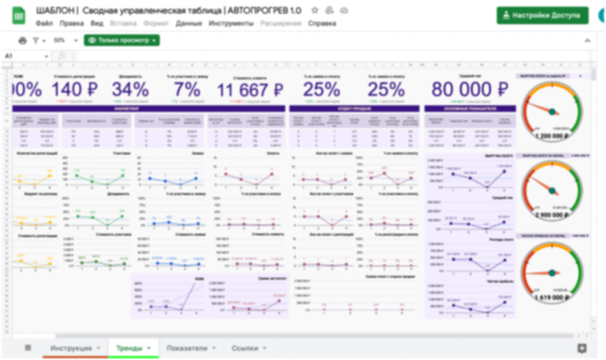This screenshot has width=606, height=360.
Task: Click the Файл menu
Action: tap(44, 24)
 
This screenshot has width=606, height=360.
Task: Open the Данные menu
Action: tap(189, 24)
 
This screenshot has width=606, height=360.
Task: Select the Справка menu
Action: tap(322, 24)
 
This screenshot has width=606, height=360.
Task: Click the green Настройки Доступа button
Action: tap(542, 15)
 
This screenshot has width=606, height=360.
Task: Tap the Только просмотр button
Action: tap(122, 40)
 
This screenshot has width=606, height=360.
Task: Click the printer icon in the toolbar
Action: tap(23, 41)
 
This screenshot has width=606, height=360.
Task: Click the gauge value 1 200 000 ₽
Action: tap(552, 136)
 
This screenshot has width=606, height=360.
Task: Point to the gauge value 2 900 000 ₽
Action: tap(552, 215)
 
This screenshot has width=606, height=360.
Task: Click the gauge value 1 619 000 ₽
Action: tap(552, 298)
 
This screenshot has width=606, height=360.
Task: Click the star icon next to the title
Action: tap(315, 10)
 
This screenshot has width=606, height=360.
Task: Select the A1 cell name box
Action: tap(25, 56)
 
